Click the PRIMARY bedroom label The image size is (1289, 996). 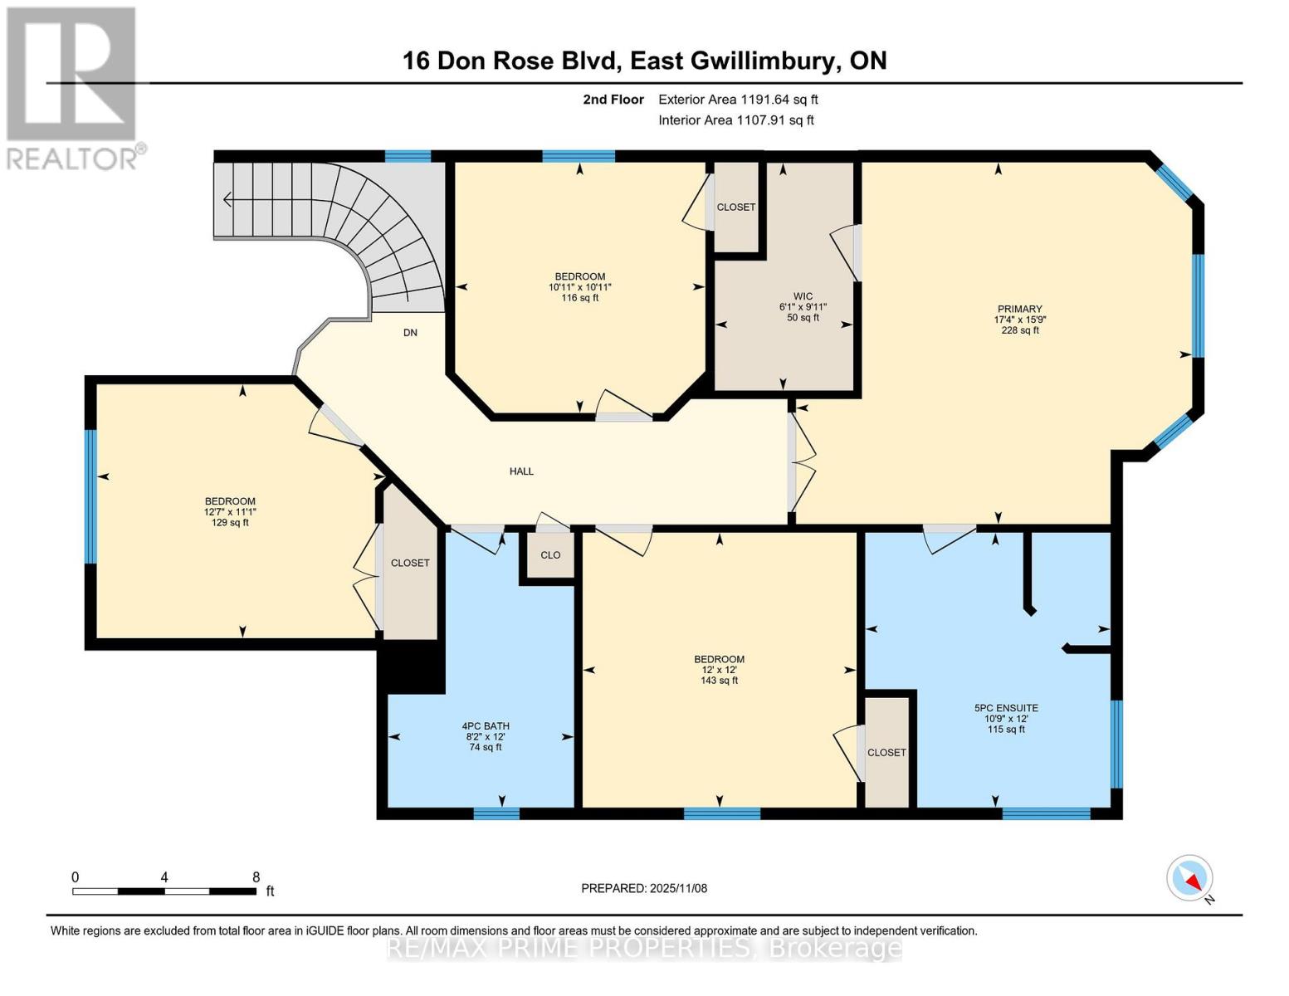pyautogui.click(x=1018, y=309)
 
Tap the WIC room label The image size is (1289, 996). pyautogui.click(x=802, y=296)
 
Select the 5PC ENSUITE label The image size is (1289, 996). pyautogui.click(x=1006, y=708)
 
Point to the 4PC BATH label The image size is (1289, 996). pyautogui.click(x=486, y=726)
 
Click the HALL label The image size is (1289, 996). pyautogui.click(x=521, y=471)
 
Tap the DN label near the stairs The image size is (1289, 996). pyautogui.click(x=410, y=333)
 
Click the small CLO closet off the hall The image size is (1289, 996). pyautogui.click(x=550, y=555)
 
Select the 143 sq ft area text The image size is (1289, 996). pyautogui.click(x=719, y=681)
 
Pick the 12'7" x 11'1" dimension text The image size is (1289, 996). pyautogui.click(x=230, y=512)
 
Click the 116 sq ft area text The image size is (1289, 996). pyautogui.click(x=579, y=298)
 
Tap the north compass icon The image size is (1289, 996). pyautogui.click(x=1190, y=878)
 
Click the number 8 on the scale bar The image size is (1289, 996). pyautogui.click(x=256, y=877)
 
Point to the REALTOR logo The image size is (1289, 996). pyautogui.click(x=73, y=87)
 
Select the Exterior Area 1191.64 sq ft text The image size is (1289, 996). pyautogui.click(x=738, y=100)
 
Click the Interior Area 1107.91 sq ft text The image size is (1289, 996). pyautogui.click(x=735, y=120)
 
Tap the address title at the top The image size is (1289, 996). pyautogui.click(x=644, y=61)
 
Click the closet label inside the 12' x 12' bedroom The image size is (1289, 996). pyautogui.click(x=886, y=753)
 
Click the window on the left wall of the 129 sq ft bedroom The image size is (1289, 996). pyautogui.click(x=90, y=496)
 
